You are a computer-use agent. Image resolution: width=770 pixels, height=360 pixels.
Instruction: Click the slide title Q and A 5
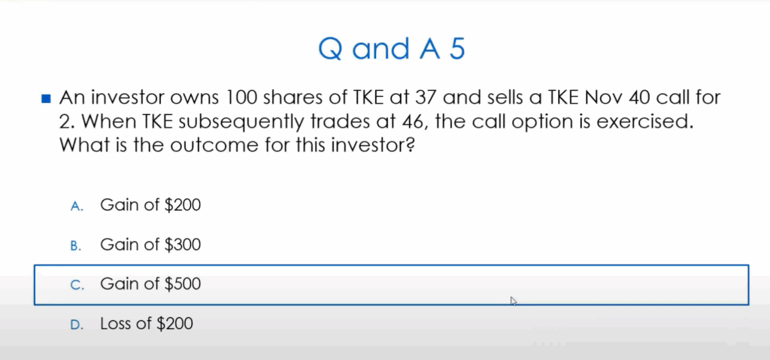392,49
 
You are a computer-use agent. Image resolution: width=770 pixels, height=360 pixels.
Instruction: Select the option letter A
76,205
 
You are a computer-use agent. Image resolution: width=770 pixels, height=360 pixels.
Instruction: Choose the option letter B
76,245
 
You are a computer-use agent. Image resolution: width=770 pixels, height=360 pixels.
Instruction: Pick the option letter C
76,285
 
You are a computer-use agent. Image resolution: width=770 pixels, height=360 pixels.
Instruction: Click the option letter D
76,325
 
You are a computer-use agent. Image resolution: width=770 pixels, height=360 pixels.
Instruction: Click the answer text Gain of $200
150,204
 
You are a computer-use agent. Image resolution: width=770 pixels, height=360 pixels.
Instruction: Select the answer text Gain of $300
150,244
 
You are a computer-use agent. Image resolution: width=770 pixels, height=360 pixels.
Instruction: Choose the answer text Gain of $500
150,284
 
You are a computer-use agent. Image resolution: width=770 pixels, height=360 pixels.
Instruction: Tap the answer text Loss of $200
147,324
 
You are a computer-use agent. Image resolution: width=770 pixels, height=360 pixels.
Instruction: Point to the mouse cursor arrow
514,301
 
